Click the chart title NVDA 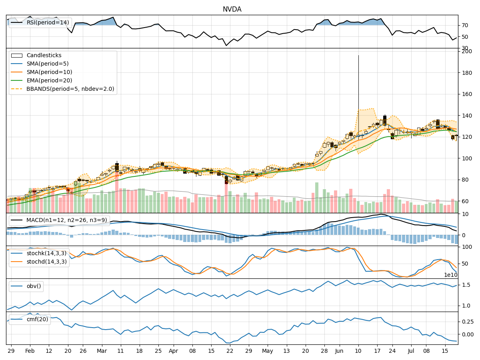point(232,9)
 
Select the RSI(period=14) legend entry point(48,22)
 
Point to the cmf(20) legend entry point(37,319)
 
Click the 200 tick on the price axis point(466,51)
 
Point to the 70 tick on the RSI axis point(464,25)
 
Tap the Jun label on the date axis point(339,350)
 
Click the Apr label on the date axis point(173,350)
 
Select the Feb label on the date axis point(30,350)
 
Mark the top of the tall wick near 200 point(358,56)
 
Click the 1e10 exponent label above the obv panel point(451,275)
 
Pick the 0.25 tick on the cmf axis point(467,322)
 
